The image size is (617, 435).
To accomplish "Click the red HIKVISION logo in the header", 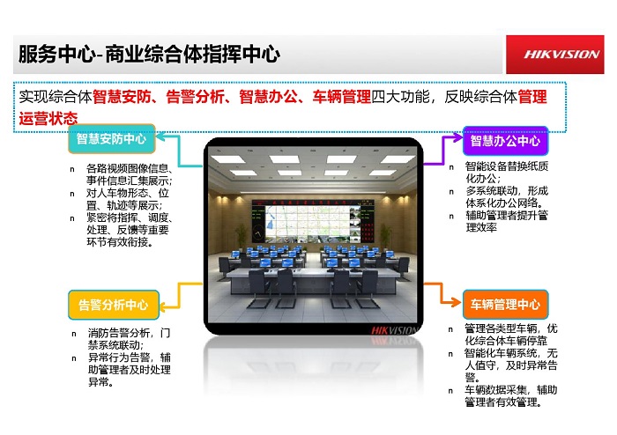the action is (554, 55).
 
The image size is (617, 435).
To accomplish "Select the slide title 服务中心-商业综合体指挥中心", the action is (149, 54).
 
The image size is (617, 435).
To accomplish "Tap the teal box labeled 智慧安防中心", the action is (112, 139).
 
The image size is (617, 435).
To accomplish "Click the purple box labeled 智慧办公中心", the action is (505, 141).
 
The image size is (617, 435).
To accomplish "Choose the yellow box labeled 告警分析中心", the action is (114, 305).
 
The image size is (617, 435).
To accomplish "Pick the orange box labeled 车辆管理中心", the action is (505, 304).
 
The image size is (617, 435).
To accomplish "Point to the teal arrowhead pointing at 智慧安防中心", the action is (161, 137).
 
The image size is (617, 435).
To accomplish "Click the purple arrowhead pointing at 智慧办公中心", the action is (457, 137).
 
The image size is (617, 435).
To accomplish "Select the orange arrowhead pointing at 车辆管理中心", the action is (457, 302).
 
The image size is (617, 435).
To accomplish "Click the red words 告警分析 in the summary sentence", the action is (195, 97).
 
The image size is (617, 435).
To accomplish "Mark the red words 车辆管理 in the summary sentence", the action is (342, 97).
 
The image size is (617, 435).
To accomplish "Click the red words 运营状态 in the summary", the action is (48, 118).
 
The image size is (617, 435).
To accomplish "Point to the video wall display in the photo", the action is (312, 221).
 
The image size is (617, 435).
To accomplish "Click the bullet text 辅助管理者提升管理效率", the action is (507, 221).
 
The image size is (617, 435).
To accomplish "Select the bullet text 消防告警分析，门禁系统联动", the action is (129, 339).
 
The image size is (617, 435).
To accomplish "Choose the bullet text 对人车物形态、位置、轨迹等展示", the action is (128, 199).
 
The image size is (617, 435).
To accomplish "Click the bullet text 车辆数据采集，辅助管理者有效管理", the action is (510, 395).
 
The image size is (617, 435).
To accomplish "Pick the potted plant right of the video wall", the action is (385, 237).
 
